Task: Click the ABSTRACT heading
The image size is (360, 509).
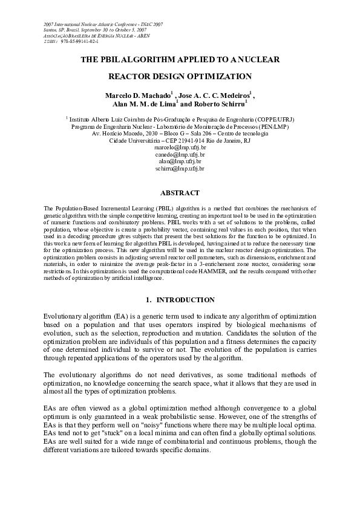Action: click(179, 193)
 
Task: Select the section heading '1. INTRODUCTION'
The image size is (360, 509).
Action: click(180, 300)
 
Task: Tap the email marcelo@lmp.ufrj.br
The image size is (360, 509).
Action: click(180, 148)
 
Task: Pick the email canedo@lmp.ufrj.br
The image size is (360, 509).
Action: click(180, 155)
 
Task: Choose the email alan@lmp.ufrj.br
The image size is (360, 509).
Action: click(180, 162)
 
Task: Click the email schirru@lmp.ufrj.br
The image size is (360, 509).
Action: click(180, 169)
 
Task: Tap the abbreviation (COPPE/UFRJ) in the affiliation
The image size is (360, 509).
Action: click(275, 120)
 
